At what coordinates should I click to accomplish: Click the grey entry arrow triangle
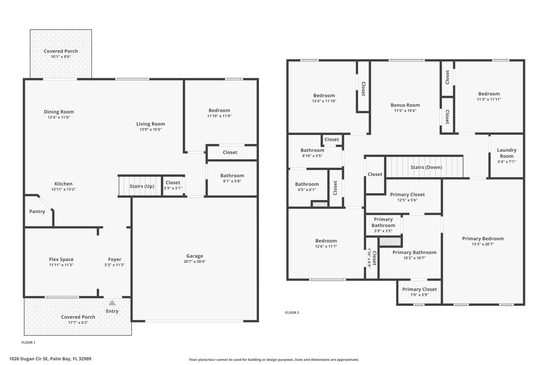[112, 303]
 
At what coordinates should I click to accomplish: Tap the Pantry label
[37, 212]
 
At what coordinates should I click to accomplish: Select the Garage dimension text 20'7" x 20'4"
[195, 262]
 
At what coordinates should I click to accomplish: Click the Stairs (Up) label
[142, 186]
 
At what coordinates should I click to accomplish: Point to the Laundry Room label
[507, 153]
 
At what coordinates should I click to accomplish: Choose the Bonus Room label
[405, 105]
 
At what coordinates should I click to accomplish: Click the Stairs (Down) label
[426, 167]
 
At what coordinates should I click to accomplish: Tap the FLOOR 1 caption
[28, 343]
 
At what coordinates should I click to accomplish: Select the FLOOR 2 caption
[292, 313]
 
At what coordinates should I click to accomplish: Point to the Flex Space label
[61, 259]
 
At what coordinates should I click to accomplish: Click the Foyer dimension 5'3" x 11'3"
[115, 265]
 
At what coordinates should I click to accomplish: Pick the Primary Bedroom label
[483, 239]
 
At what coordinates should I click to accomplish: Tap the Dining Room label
[59, 112]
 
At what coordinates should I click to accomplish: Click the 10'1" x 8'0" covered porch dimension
[61, 57]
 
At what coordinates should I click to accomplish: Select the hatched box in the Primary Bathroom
[390, 242]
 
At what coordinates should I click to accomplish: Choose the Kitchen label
[63, 184]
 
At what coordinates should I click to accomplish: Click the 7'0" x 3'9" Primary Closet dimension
[419, 295]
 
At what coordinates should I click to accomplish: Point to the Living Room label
[151, 124]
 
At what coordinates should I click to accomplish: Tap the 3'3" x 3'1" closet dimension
[173, 188]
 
